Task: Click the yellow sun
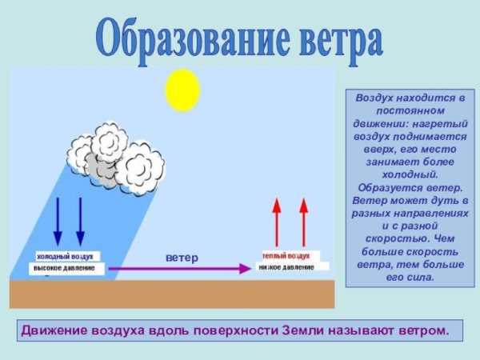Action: (x=182, y=90)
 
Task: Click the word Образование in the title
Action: (x=194, y=35)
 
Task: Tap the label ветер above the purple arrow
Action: (x=182, y=258)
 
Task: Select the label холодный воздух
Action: (x=65, y=256)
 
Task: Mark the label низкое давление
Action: (x=286, y=266)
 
